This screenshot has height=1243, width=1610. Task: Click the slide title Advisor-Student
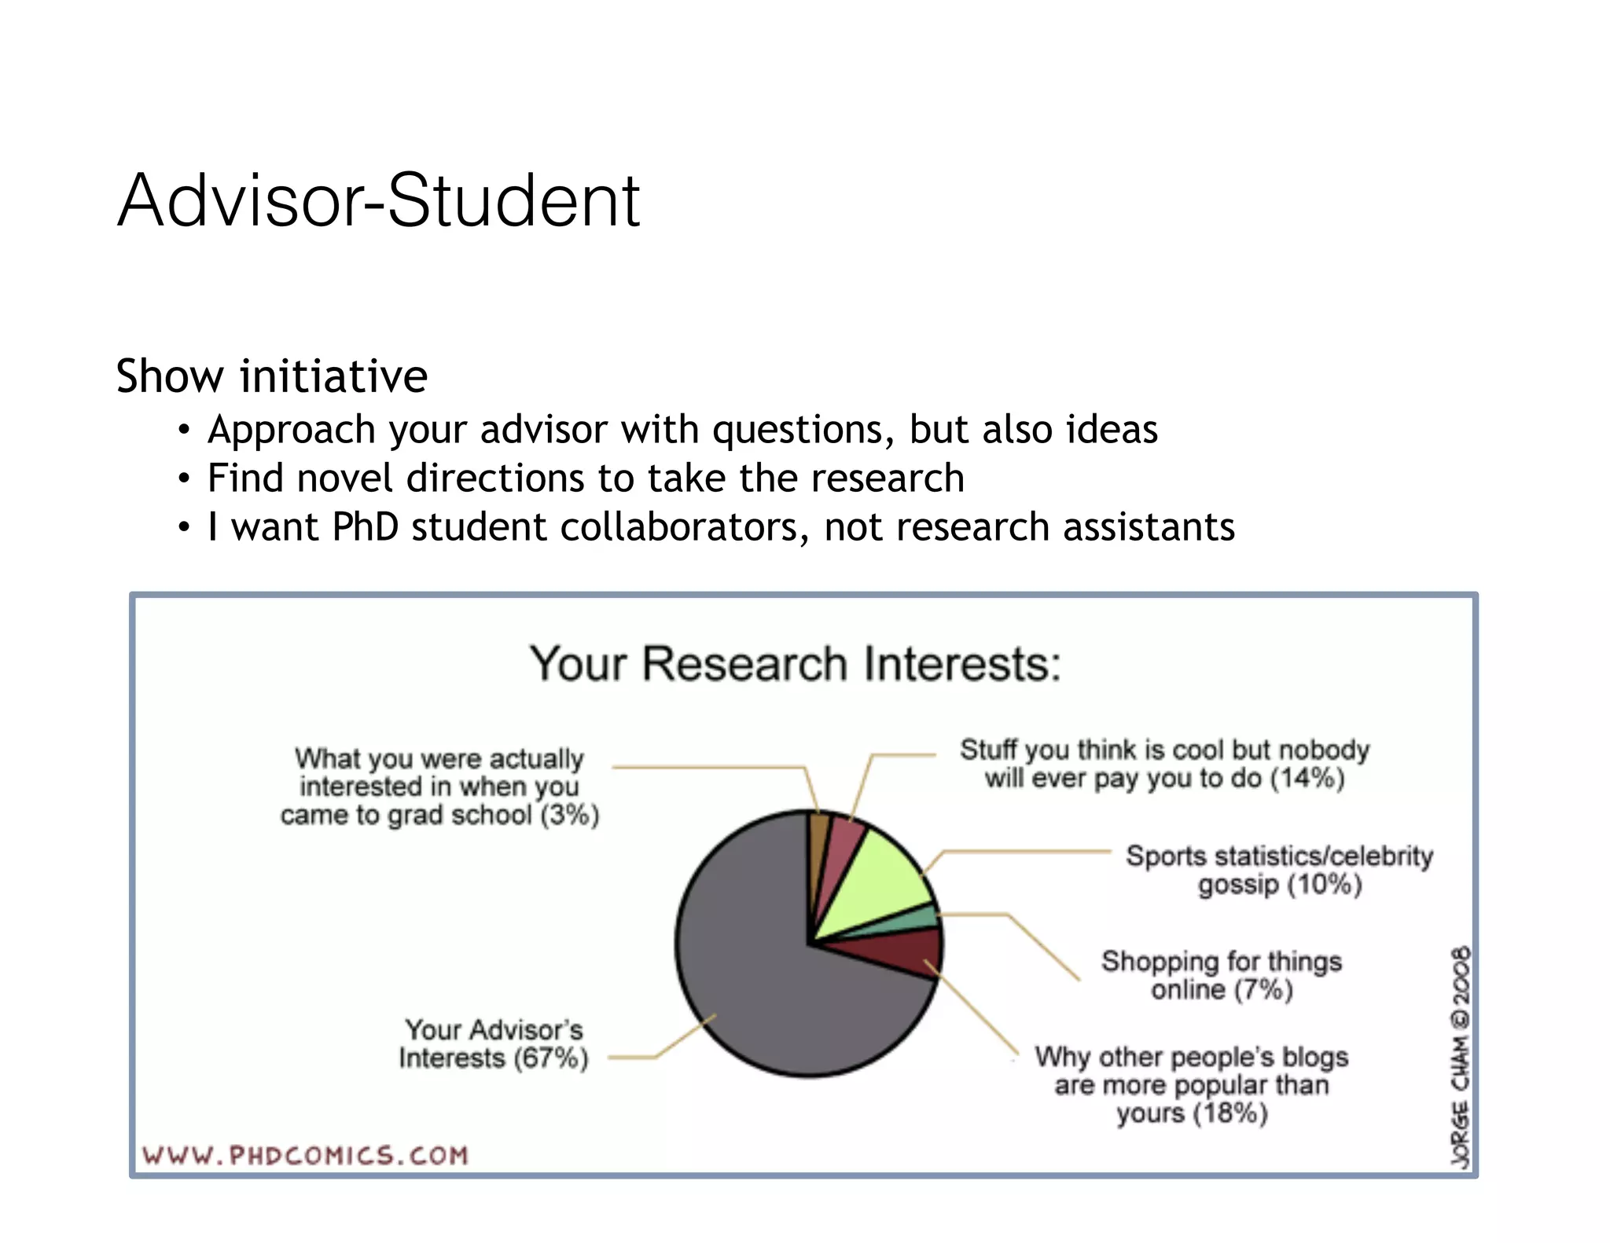tap(378, 201)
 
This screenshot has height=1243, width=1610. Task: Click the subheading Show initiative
tap(271, 376)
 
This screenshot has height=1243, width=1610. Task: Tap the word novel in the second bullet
tap(344, 478)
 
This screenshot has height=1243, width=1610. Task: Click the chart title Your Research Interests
tap(795, 664)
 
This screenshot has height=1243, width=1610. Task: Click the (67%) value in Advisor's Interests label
tap(550, 1058)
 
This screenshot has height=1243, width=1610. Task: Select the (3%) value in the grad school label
tap(569, 815)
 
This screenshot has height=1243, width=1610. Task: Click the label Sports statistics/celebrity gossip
tap(1279, 870)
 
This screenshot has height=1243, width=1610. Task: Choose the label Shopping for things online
tap(1221, 975)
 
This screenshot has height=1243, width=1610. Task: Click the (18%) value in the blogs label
tap(1230, 1113)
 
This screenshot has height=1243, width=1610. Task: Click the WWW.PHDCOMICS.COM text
tap(305, 1156)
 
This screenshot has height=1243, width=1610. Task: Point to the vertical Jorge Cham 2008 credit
tap(1461, 1057)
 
